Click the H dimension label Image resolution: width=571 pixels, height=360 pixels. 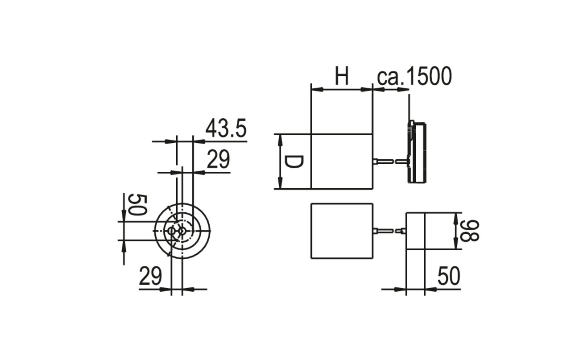click(x=342, y=76)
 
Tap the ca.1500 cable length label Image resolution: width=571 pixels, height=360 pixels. click(x=414, y=76)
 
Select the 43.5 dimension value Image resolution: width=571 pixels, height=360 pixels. click(x=226, y=128)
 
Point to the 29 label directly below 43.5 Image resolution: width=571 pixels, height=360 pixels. click(x=218, y=159)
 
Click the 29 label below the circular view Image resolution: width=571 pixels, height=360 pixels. click(x=150, y=276)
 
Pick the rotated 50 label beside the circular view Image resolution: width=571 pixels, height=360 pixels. click(x=138, y=205)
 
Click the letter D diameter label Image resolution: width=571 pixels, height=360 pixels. click(x=294, y=162)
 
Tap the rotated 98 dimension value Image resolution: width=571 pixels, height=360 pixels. click(x=470, y=231)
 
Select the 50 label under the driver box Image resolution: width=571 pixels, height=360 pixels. click(x=449, y=276)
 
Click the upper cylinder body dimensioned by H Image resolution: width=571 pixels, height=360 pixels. click(x=342, y=161)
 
